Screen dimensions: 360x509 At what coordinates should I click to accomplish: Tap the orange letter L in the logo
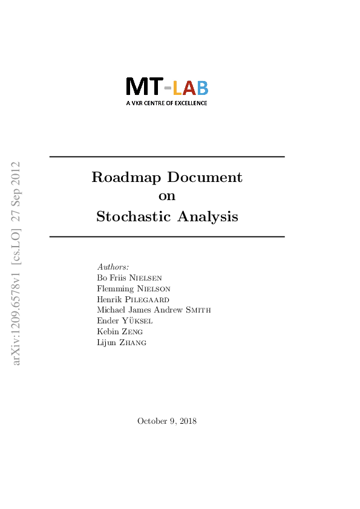pyautogui.click(x=177, y=89)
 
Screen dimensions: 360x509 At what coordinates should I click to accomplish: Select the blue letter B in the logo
pyautogui.click(x=202, y=89)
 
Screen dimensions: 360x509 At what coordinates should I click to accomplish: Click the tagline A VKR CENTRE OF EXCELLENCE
pyautogui.click(x=166, y=103)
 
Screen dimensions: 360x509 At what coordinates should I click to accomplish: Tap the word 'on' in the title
pyautogui.click(x=166, y=196)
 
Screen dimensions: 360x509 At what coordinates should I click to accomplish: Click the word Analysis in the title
pyautogui.click(x=208, y=216)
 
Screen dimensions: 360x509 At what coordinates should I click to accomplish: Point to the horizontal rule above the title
pyautogui.click(x=166, y=157)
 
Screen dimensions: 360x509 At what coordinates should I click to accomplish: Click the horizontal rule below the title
pyautogui.click(x=166, y=236)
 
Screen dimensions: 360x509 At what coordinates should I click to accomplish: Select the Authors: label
pyautogui.click(x=113, y=267)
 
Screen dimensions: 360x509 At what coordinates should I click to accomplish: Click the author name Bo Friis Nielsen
pyautogui.click(x=129, y=277)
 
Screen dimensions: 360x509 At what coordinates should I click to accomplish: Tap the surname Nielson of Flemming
pyautogui.click(x=154, y=288)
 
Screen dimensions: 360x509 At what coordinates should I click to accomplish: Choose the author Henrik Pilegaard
pyautogui.click(x=133, y=299)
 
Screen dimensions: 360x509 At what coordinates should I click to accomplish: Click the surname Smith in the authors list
pyautogui.click(x=198, y=310)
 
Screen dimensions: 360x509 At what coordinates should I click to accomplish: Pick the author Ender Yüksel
pyautogui.click(x=125, y=321)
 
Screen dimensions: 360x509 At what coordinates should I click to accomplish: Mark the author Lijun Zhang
pyautogui.click(x=122, y=343)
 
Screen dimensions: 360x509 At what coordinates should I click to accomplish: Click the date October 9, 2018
pyautogui.click(x=166, y=421)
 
